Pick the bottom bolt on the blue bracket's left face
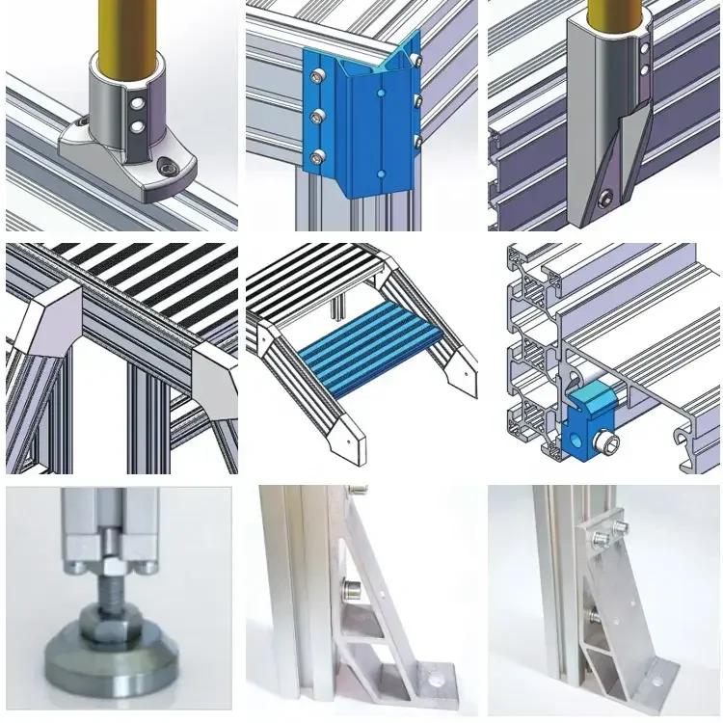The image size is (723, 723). pyautogui.click(x=314, y=155)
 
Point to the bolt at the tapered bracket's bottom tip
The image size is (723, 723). pyautogui.click(x=605, y=200)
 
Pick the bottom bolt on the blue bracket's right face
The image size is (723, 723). pyautogui.click(x=418, y=141)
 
